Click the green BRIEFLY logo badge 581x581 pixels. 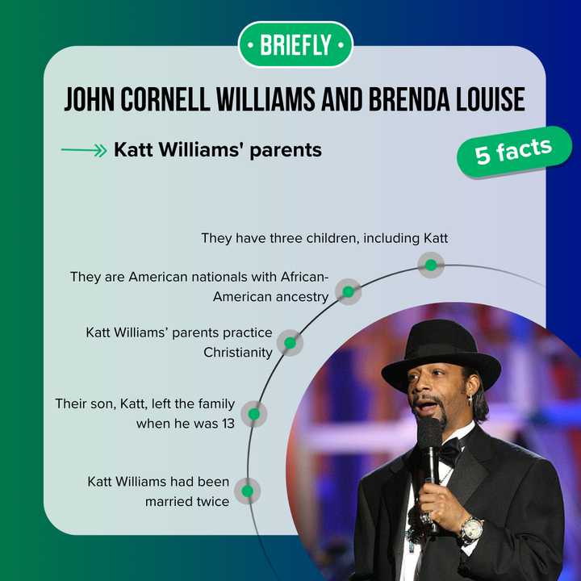click(295, 44)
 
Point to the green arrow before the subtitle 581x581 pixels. click(83, 151)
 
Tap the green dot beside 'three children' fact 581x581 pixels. click(431, 265)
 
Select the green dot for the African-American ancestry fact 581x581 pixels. click(348, 291)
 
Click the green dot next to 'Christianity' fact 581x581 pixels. click(290, 343)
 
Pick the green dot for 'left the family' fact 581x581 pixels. click(253, 414)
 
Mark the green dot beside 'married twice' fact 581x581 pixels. click(247, 491)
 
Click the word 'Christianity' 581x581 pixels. click(238, 353)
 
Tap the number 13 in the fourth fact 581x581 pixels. click(227, 424)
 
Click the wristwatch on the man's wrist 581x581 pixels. click(470, 529)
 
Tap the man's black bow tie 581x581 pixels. click(447, 452)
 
